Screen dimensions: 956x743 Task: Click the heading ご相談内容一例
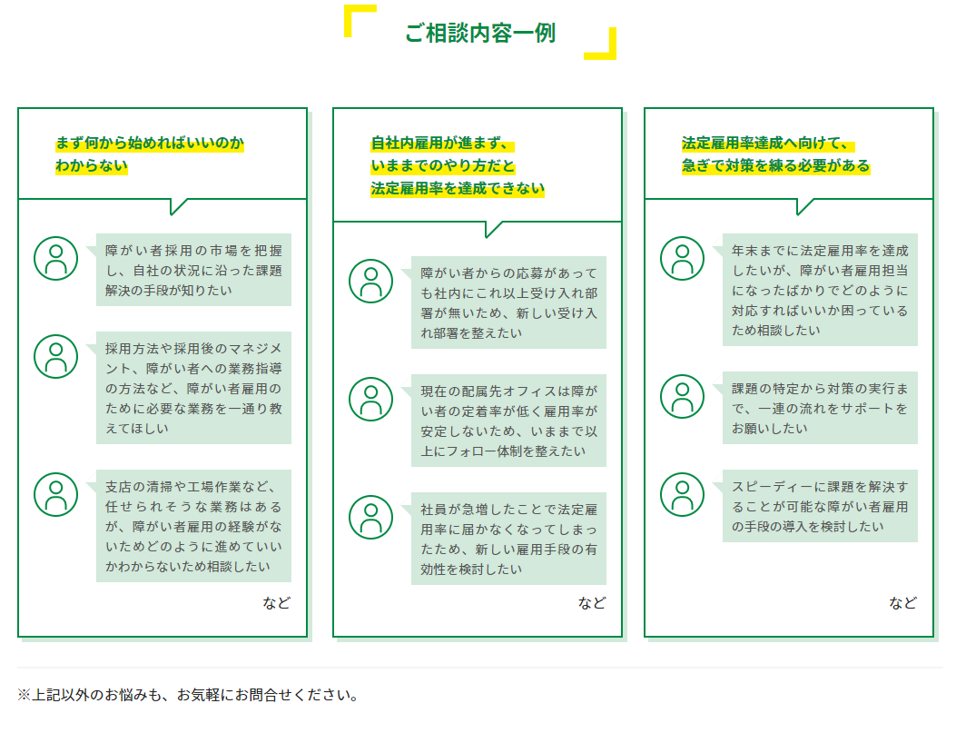click(480, 33)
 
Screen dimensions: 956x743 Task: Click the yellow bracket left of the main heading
click(348, 18)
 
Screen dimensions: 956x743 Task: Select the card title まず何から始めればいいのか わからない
click(150, 154)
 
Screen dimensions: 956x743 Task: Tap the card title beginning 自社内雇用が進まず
click(458, 166)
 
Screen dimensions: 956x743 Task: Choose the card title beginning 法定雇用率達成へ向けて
click(775, 154)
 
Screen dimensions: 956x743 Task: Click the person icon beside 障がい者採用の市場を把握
click(55, 259)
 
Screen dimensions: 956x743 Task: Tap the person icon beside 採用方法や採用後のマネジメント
click(55, 356)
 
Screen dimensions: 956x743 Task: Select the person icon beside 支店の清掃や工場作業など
click(55, 495)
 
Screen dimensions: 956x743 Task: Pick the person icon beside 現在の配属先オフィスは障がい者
click(370, 400)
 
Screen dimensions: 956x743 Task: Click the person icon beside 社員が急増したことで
click(370, 518)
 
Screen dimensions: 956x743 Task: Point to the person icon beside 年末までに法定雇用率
click(682, 259)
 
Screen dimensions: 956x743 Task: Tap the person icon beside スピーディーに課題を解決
click(682, 495)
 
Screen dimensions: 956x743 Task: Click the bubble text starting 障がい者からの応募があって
click(508, 303)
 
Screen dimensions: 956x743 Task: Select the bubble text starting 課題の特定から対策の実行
click(820, 408)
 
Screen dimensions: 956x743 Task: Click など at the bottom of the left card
click(277, 603)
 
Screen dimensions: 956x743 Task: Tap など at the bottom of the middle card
click(592, 603)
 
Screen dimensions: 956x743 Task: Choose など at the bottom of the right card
click(903, 603)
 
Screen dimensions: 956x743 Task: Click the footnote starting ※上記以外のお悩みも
click(188, 695)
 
